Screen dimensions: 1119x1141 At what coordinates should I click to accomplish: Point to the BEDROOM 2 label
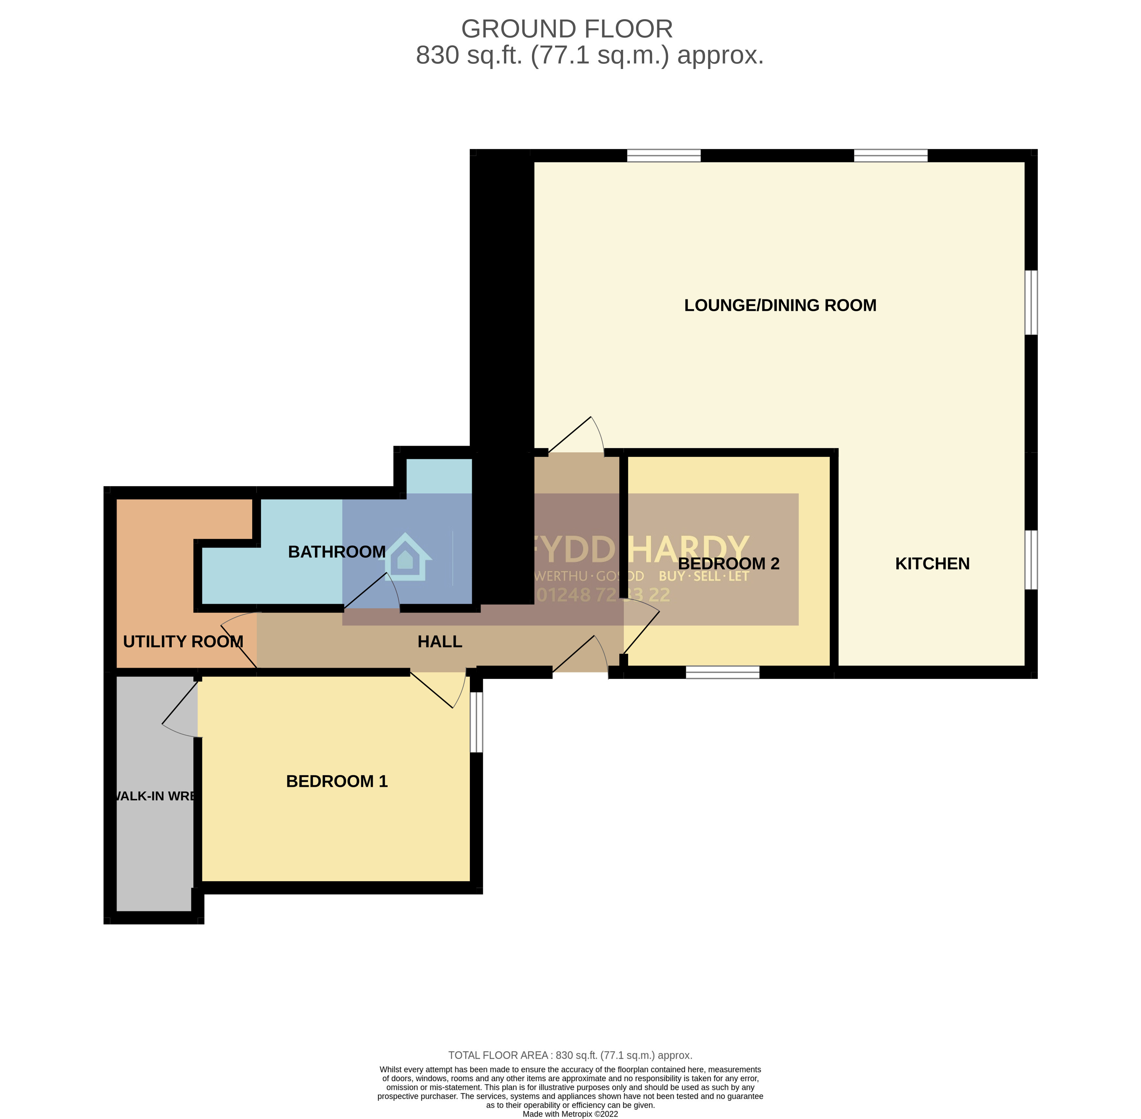coord(728,564)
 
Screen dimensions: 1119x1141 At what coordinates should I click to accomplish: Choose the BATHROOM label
coord(337,552)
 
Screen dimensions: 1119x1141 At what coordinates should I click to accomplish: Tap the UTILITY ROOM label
coord(183,642)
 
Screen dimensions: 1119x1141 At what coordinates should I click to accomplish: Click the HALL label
coord(440,642)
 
